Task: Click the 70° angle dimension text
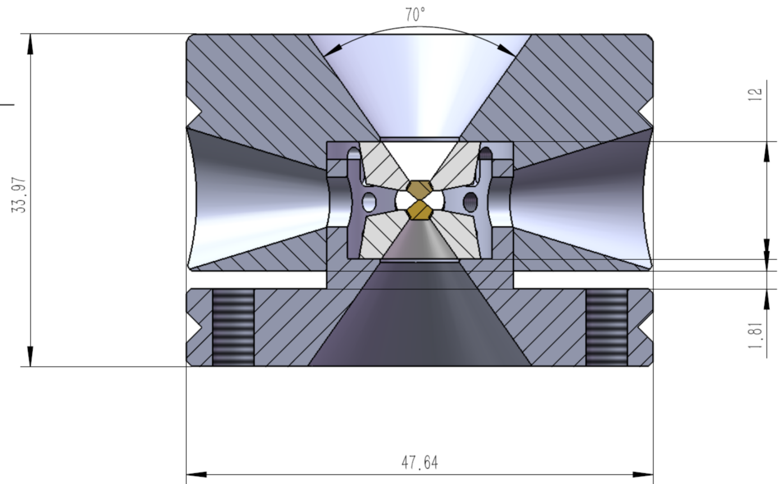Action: click(x=415, y=15)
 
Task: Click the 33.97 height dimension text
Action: click(x=19, y=195)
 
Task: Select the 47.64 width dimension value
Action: click(x=420, y=463)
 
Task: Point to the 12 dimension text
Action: click(x=755, y=94)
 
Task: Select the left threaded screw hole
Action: click(x=233, y=327)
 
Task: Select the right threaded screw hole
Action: click(x=606, y=327)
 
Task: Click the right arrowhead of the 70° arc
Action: click(x=507, y=51)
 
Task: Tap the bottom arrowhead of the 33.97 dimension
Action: click(x=31, y=356)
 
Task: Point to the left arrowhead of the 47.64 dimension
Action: click(x=196, y=475)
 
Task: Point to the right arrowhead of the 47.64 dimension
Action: click(x=643, y=475)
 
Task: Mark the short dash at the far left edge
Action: click(x=7, y=104)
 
